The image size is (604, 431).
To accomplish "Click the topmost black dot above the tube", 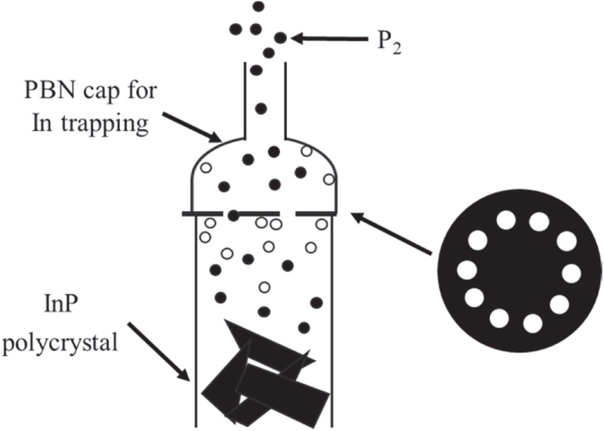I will (x=258, y=6).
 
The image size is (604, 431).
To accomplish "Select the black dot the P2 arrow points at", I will (x=281, y=37).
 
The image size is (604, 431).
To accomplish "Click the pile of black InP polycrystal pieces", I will (x=264, y=374).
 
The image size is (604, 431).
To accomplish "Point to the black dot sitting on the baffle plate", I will (x=233, y=215).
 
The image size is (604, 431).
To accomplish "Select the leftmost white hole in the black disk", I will (x=467, y=269).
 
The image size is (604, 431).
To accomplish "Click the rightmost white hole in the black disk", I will (x=571, y=272).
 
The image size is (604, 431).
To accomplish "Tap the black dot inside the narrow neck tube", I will (x=261, y=108).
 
